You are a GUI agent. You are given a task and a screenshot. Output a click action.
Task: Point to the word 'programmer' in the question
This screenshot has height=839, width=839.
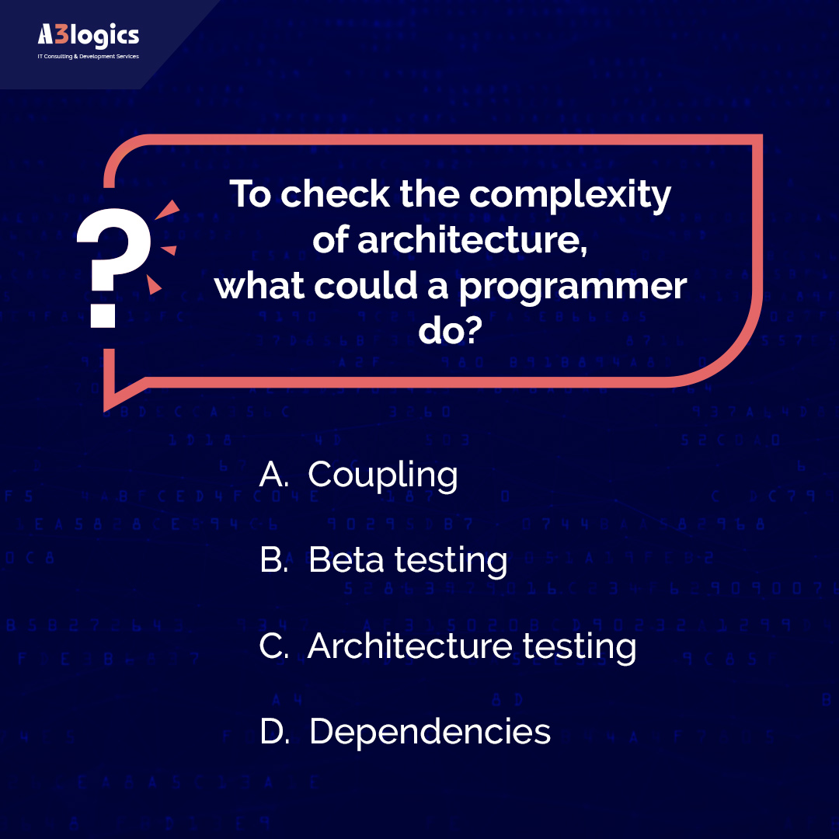(573, 287)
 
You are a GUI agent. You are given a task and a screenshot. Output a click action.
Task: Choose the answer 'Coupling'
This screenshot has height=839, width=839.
(383, 475)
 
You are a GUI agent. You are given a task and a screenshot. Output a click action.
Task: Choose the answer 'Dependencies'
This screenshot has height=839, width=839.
(430, 732)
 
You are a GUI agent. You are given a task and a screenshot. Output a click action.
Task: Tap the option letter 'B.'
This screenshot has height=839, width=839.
(274, 560)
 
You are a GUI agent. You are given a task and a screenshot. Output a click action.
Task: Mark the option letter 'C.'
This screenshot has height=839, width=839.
(274, 646)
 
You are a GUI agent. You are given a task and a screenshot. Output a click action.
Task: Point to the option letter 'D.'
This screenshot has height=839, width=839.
(274, 732)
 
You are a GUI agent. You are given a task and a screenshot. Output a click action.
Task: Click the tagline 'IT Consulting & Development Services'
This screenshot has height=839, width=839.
(88, 57)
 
